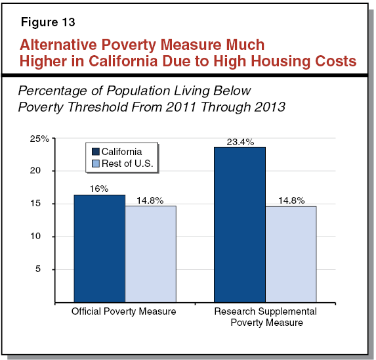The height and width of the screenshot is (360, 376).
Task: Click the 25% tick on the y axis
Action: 41,139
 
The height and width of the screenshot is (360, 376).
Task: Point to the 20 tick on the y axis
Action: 43,171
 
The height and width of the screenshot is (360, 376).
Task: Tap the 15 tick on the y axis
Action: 43,204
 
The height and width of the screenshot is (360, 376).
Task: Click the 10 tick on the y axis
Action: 43,236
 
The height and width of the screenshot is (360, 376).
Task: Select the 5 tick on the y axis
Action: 45,269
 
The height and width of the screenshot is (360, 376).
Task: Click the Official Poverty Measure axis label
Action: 124,311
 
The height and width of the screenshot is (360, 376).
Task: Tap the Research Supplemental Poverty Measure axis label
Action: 265,317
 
